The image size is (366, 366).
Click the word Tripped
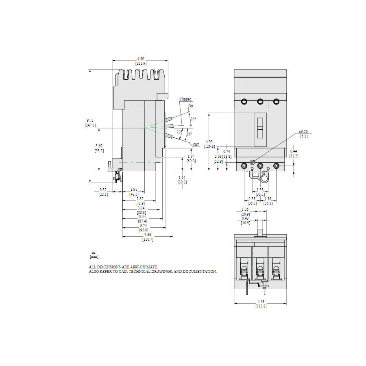point(185,99)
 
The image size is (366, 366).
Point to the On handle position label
point(191,106)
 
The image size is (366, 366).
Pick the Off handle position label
point(196,145)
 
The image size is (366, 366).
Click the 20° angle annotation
point(193,119)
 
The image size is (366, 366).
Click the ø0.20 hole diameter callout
point(303,132)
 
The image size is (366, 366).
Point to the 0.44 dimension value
point(294,151)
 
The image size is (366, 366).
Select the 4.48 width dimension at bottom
point(261,301)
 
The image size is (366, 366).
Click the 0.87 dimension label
point(103,190)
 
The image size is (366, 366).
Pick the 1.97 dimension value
point(191,156)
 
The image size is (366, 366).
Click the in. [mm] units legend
point(94,254)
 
